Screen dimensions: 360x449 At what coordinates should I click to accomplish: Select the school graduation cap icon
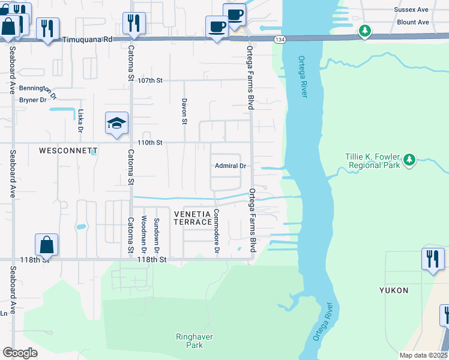tap(116, 124)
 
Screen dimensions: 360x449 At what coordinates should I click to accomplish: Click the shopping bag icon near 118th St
tap(47, 245)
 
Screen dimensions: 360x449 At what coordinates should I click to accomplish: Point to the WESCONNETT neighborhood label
tap(68, 151)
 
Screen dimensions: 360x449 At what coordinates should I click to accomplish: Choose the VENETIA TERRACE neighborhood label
tap(193, 218)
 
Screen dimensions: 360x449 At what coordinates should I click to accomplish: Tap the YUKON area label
tap(394, 290)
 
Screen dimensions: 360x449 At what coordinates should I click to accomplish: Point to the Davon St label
tap(184, 111)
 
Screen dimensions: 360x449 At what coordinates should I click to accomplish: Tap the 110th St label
tap(150, 143)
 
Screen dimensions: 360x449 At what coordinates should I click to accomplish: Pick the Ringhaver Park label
tap(194, 341)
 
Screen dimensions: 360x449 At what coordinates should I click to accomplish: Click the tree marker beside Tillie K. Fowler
tap(409, 160)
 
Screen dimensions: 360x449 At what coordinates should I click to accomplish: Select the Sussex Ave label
tap(411, 10)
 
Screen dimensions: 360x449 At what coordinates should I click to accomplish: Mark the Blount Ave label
tap(413, 22)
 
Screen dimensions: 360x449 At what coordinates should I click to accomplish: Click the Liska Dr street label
tap(80, 120)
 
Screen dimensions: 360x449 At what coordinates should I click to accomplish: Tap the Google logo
tap(20, 353)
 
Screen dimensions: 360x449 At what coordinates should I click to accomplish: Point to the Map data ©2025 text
tap(423, 355)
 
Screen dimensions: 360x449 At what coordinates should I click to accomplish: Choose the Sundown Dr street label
tap(156, 229)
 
